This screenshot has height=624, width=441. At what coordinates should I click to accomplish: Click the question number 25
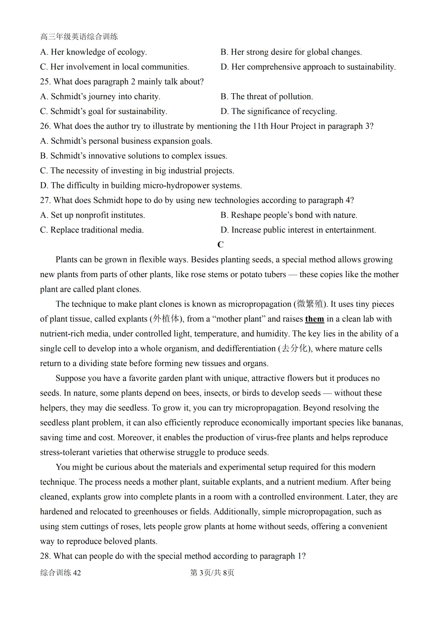tap(45, 82)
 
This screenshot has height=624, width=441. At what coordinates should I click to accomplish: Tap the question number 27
tap(45, 200)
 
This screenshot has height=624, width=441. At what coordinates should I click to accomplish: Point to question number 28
tap(45, 556)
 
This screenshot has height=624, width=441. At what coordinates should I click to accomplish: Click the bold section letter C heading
tap(220, 245)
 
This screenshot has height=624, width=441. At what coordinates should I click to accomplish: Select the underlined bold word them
tap(314, 319)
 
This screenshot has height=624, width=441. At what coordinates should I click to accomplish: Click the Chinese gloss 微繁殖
tap(310, 304)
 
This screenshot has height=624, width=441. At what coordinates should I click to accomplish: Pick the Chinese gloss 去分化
tap(294, 349)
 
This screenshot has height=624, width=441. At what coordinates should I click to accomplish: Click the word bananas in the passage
tap(386, 423)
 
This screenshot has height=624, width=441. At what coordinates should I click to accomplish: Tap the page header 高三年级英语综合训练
tap(79, 37)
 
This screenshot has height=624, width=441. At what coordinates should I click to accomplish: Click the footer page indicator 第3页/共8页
tap(212, 573)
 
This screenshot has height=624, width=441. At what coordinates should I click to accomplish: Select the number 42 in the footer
tap(77, 573)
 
